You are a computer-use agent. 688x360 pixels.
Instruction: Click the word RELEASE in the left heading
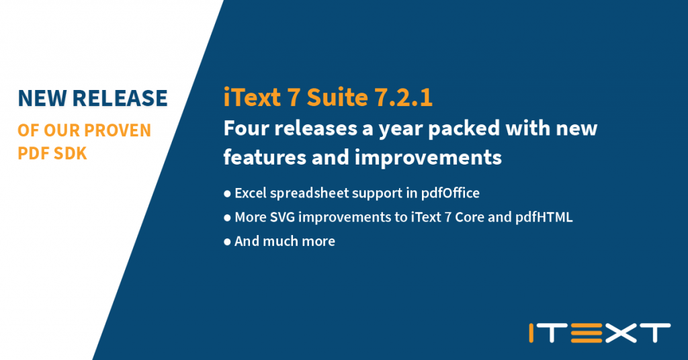[119, 98]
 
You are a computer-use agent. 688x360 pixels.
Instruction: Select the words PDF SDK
[52, 154]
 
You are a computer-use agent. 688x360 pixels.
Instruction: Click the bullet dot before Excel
[227, 194]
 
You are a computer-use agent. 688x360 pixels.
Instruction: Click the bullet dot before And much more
[227, 242]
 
